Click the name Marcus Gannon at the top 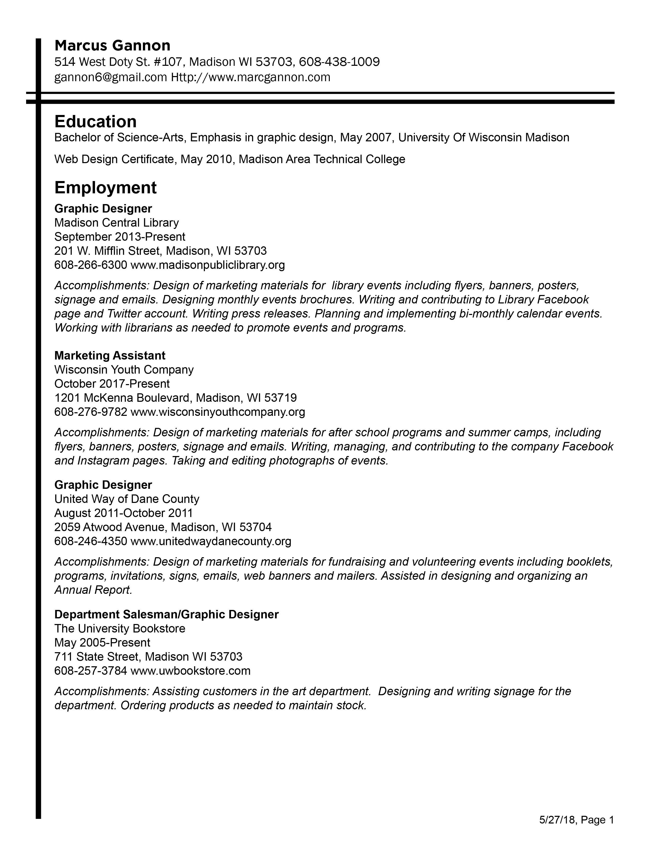[112, 46]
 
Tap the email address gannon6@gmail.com [111, 77]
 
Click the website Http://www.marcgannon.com [251, 77]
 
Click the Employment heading [105, 188]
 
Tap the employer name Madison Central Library [117, 223]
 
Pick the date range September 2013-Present [120, 237]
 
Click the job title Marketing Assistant [110, 356]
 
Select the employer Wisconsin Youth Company [124, 370]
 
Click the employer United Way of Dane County [127, 499]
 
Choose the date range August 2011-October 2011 [123, 513]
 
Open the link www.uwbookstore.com [190, 671]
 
